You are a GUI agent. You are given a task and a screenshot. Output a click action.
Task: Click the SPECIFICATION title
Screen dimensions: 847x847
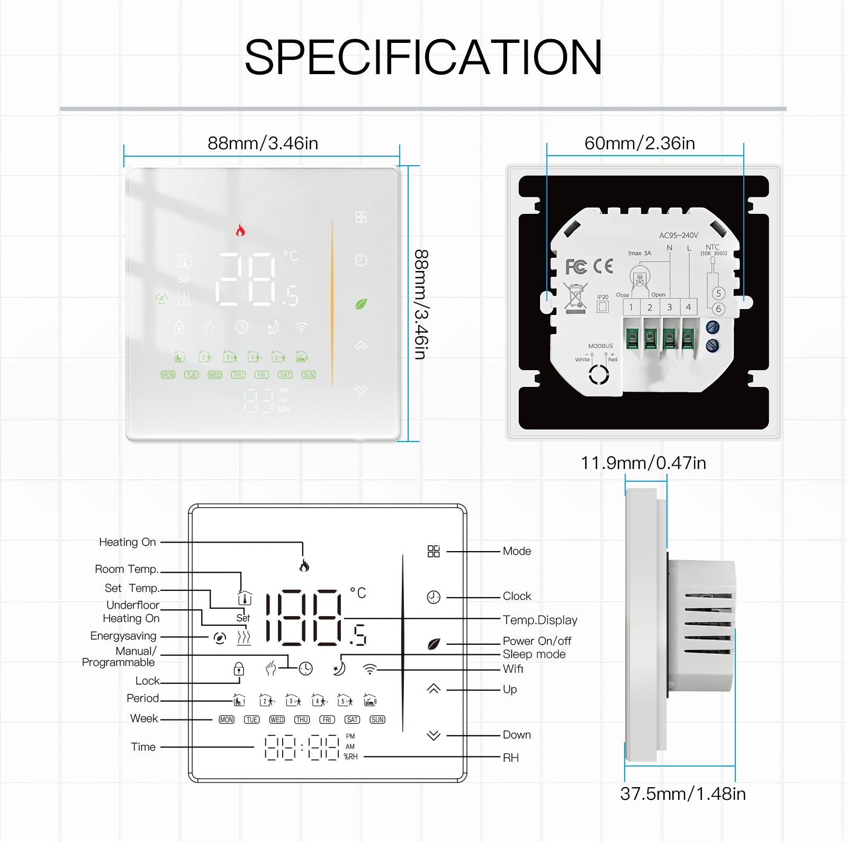point(423,57)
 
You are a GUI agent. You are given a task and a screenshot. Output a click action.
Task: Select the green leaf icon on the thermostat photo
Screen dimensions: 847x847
point(361,304)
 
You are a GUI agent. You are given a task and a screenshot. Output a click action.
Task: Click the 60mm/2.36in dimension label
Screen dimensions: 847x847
point(639,143)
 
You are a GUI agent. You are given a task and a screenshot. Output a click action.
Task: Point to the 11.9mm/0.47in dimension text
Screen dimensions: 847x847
point(643,463)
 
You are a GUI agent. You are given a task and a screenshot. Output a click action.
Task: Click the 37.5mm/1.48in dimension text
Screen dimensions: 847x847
point(683,794)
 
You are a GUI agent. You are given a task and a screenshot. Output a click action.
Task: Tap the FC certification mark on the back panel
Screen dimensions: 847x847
point(576,267)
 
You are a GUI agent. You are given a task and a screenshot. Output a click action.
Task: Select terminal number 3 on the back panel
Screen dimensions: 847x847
point(669,307)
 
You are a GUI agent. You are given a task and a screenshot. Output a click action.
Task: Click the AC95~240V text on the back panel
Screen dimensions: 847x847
point(679,235)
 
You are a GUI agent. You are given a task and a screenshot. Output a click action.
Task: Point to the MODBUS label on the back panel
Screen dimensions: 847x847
point(600,346)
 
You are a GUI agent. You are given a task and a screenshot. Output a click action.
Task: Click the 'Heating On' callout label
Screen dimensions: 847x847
point(128,542)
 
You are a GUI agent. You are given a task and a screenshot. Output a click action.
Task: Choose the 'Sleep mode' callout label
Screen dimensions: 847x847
point(534,654)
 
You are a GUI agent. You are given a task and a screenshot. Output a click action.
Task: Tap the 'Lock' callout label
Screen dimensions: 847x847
point(147,681)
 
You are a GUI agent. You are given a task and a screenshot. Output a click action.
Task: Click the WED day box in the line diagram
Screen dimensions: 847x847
point(277,720)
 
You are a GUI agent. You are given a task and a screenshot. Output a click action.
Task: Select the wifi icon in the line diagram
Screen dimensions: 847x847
point(370,670)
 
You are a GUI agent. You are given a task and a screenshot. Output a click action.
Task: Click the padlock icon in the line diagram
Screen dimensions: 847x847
point(239,669)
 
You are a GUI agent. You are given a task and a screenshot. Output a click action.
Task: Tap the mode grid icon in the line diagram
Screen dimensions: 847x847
point(434,552)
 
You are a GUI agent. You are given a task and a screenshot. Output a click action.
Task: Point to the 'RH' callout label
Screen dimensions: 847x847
point(511,758)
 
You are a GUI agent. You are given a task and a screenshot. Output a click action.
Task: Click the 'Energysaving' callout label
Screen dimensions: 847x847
point(123,636)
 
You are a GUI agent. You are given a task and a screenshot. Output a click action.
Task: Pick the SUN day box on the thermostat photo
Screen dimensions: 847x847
point(309,375)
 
